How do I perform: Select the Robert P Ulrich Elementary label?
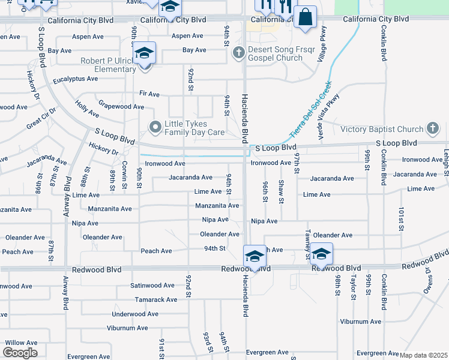pos(109,65)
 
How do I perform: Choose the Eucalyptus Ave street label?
pos(75,79)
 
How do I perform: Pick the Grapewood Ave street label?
pos(121,107)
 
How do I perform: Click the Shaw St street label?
pos(281,191)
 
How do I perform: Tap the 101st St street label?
pos(401,220)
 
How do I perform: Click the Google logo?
pos(20,353)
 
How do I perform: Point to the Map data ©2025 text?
pos(423,355)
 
